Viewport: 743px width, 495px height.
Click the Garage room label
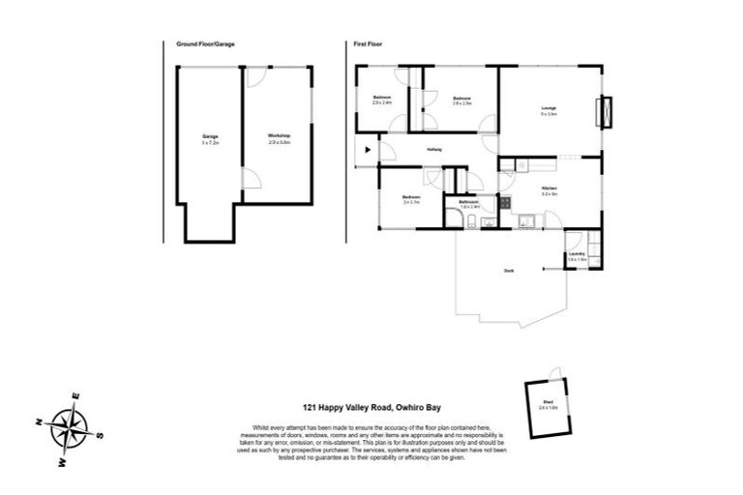coord(210,139)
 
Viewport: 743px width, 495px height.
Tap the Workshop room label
coord(279,139)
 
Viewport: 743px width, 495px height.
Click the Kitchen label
coord(549,189)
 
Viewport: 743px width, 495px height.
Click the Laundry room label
coord(578,255)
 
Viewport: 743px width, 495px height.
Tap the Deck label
coord(508,271)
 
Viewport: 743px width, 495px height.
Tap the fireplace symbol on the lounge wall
coord(607,111)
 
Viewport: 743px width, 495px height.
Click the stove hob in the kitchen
coord(504,203)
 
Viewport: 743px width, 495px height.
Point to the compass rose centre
coord(70,426)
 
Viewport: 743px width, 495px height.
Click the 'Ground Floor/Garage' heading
coord(205,44)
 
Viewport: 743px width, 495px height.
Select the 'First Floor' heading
coord(368,44)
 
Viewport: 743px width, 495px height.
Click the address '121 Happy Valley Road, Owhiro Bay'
coord(372,408)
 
